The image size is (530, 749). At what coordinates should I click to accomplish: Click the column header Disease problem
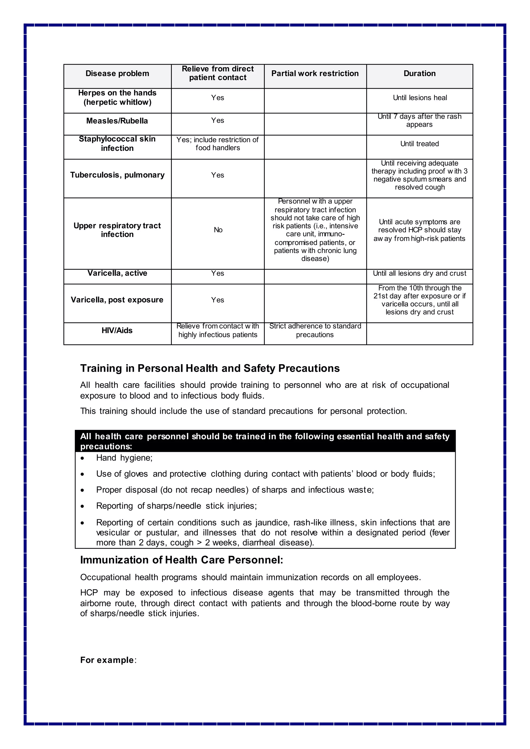pos(117,73)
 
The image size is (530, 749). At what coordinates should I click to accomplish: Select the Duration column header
pos(419,73)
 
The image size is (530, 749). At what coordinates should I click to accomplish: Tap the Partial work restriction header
pos(315,73)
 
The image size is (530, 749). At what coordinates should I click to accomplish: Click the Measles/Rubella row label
pos(117,121)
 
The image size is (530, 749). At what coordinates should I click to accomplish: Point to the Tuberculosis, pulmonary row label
pos(117,175)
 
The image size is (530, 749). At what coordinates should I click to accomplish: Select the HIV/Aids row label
pos(117,331)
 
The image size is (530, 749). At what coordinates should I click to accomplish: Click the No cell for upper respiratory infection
pos(218,230)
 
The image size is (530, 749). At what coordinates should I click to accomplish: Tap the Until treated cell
pos(419,144)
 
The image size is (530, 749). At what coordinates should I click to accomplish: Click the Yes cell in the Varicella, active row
pos(217,273)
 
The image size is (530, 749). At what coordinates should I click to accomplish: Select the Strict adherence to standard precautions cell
pos(315,331)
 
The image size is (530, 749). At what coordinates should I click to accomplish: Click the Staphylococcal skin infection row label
pos(117,144)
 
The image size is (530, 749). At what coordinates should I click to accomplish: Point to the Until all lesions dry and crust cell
pos(419,273)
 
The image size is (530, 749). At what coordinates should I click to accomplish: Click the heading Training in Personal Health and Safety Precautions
pos(210,368)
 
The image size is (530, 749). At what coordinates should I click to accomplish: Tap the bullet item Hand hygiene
pos(124,458)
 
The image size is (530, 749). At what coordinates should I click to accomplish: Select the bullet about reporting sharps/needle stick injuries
pos(176,506)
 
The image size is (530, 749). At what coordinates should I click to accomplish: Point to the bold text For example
pos(107,660)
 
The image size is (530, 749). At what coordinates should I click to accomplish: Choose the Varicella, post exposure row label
pos(117,300)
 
